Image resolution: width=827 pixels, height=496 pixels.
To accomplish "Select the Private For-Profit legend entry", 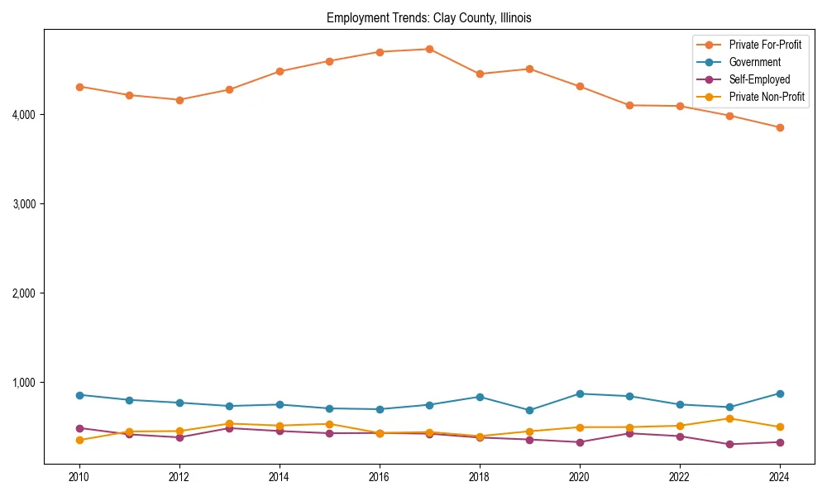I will [x=765, y=45].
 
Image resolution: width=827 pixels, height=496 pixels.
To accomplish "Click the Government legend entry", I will [x=754, y=62].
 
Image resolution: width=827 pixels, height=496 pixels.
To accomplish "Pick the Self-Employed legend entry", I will [x=759, y=79].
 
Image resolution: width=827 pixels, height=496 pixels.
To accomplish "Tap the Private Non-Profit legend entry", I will [x=767, y=97].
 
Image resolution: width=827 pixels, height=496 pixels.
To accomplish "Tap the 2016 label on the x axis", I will [x=379, y=477].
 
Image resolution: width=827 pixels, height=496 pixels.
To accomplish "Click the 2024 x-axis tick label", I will [x=779, y=477].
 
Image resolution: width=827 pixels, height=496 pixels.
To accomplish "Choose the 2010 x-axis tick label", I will [x=79, y=477].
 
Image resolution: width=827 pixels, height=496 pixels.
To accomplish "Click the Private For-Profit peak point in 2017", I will [x=429, y=49].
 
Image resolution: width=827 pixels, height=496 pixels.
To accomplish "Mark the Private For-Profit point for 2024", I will [x=779, y=127].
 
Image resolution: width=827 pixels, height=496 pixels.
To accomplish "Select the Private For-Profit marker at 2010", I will [x=79, y=87].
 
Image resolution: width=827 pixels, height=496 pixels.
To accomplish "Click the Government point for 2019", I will [x=529, y=410].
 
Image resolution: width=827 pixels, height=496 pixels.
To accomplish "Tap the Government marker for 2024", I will [x=779, y=393].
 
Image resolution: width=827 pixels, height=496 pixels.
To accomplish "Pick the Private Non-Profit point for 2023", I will [x=729, y=418].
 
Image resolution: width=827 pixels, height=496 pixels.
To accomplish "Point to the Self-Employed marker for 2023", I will [x=729, y=444].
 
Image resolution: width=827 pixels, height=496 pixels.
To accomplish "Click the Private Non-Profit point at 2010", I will [x=79, y=440].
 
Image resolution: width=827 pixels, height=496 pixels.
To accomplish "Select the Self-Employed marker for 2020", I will [x=579, y=442].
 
